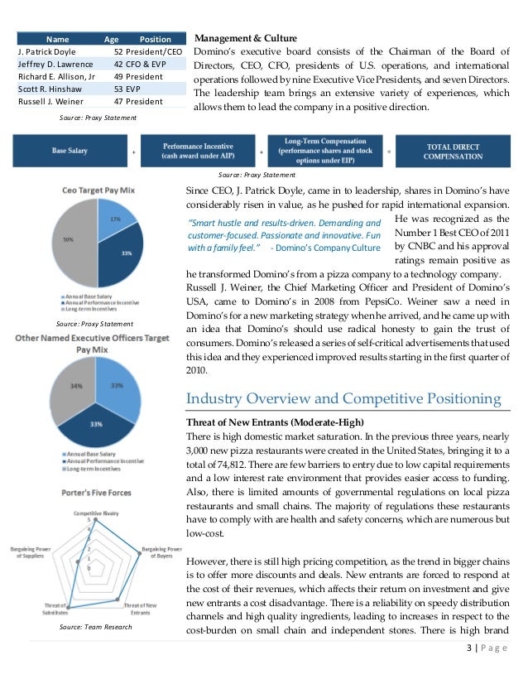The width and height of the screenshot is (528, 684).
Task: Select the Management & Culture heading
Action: pos(244,39)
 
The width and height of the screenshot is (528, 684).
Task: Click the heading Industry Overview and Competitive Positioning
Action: pos(344,399)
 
